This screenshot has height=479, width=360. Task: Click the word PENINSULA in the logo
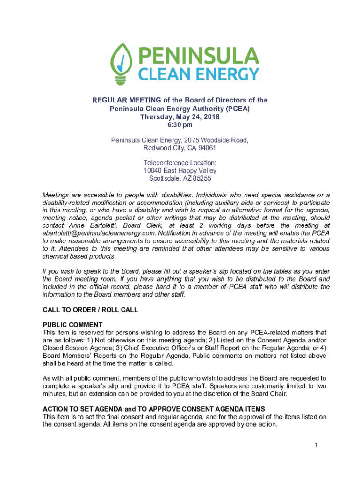pos(197,56)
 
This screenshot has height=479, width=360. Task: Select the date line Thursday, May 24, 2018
pos(180,117)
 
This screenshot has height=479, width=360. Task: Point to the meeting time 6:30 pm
pos(180,125)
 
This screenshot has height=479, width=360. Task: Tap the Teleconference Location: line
pos(180,163)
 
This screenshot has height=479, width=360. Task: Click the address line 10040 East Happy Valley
pos(180,171)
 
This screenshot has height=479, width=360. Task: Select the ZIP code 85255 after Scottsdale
pos(202,178)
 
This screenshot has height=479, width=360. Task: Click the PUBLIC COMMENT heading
pos(72,325)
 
